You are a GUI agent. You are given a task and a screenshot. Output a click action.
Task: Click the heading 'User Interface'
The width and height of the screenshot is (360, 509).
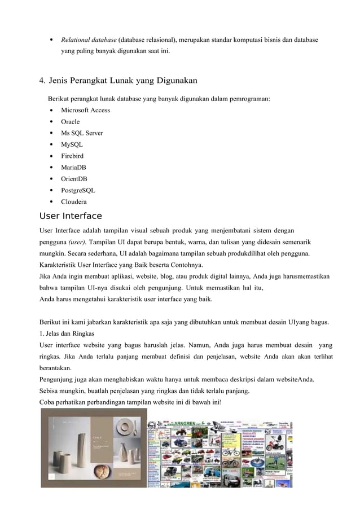(71, 216)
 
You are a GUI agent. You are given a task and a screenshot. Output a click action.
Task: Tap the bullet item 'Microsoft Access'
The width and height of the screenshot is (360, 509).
(85, 110)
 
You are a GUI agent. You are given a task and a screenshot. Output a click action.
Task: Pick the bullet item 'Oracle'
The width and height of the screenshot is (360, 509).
(71, 121)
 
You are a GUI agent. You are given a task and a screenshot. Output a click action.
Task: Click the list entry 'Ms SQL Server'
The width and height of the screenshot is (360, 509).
(82, 133)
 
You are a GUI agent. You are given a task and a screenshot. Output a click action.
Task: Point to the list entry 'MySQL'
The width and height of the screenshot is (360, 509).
(72, 144)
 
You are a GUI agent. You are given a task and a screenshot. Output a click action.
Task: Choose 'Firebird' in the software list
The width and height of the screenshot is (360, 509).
(73, 156)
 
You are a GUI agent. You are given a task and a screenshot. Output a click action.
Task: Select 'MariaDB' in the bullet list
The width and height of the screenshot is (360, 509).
(74, 167)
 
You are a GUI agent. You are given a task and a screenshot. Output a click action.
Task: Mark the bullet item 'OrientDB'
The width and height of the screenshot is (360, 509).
(74, 179)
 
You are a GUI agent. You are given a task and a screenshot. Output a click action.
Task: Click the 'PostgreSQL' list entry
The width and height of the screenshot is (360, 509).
(78, 190)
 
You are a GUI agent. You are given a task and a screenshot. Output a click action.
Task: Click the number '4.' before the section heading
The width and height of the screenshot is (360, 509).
(42, 80)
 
